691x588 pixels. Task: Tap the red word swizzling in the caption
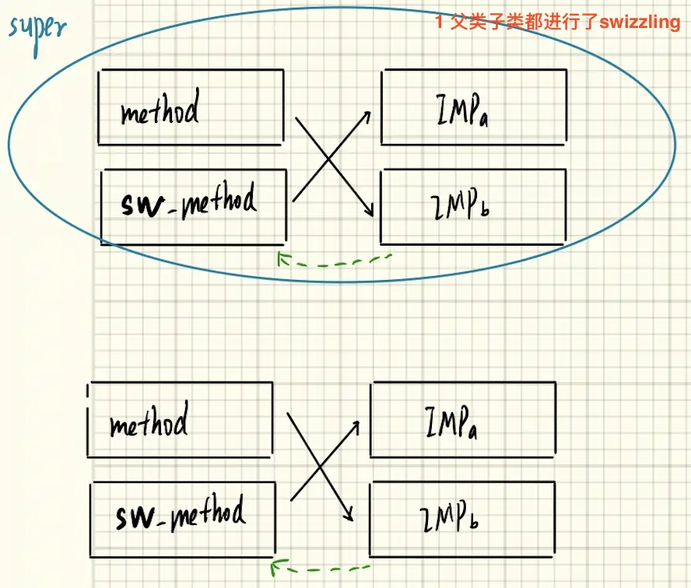click(x=639, y=22)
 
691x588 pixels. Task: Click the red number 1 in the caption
click(x=440, y=22)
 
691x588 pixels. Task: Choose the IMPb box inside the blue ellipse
click(x=472, y=207)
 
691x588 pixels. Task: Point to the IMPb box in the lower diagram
click(x=462, y=519)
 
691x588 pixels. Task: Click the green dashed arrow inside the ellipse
click(x=335, y=261)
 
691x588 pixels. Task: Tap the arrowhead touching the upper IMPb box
click(x=371, y=212)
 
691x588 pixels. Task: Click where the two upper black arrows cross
click(x=328, y=160)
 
